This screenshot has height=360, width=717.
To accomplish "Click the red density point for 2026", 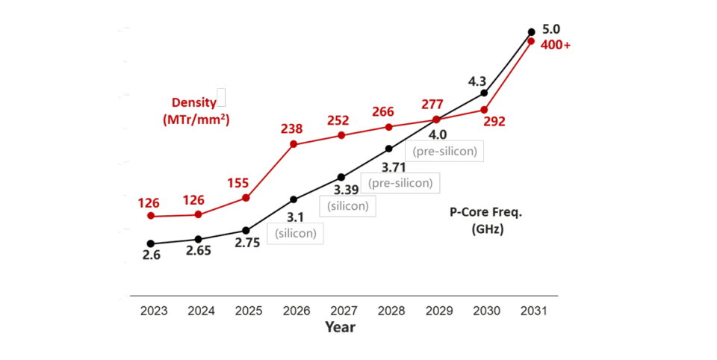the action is (294, 144).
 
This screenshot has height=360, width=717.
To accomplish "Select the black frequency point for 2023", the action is (151, 243).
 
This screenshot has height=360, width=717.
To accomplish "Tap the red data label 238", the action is (292, 129).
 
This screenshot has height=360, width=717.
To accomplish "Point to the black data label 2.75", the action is (247, 243).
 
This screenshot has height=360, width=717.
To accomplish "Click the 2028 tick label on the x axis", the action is (391, 311).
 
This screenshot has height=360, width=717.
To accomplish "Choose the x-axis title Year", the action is (341, 327).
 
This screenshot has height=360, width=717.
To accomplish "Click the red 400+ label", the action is (556, 46).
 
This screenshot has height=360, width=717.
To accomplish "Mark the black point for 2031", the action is (531, 32).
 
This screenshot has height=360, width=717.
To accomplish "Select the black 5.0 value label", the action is (551, 29).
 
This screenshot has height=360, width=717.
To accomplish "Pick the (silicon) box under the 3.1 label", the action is (296, 233).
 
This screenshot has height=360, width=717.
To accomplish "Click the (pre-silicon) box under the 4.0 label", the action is (444, 151).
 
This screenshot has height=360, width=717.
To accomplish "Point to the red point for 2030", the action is (484, 111).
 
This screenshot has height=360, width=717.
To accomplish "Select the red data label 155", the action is (238, 183).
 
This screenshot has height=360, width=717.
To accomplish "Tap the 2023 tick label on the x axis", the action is (154, 311).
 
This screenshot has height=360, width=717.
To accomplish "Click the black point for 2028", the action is (388, 149).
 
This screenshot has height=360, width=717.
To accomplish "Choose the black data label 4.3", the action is (477, 82).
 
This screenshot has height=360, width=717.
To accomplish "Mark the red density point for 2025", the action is (246, 198).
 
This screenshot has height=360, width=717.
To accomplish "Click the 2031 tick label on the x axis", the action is (534, 311).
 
